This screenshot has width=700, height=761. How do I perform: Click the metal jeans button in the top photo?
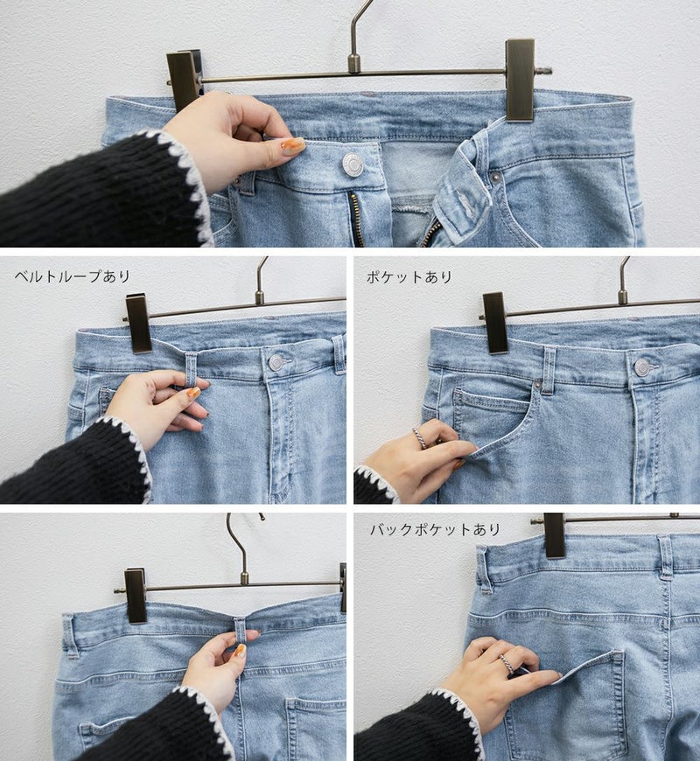pos(353,164)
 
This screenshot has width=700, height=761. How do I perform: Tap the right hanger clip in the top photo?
pos(521,80)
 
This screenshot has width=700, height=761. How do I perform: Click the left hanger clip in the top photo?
pos(184,80)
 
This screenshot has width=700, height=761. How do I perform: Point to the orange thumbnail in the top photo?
pos(293,145)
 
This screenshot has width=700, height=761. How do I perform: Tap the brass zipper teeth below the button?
pos(357,219)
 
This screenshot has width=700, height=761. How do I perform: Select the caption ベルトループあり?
pos(73,276)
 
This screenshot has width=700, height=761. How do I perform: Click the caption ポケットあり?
pos(409,277)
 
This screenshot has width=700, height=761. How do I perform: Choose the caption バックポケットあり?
pos(435,529)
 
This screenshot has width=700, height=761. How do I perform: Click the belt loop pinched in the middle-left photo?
pos(191,370)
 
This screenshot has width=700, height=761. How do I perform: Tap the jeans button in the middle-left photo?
pos(276,362)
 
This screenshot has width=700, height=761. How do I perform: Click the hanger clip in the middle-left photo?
pos(139,324)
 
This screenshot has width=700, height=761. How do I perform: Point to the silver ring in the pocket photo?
pos(420,438)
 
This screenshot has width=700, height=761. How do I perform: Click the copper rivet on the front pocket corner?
pos(537,386)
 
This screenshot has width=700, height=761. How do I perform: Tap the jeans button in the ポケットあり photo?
pos(642,367)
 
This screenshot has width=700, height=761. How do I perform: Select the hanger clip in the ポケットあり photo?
pos(495,323)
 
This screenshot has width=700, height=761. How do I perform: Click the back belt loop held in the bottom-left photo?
pos(241,631)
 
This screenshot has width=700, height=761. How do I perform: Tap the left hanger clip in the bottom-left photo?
pos(136,596)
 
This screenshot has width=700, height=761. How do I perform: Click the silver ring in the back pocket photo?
pos(506,664)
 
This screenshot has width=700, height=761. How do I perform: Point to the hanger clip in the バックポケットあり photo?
pos(555,535)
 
